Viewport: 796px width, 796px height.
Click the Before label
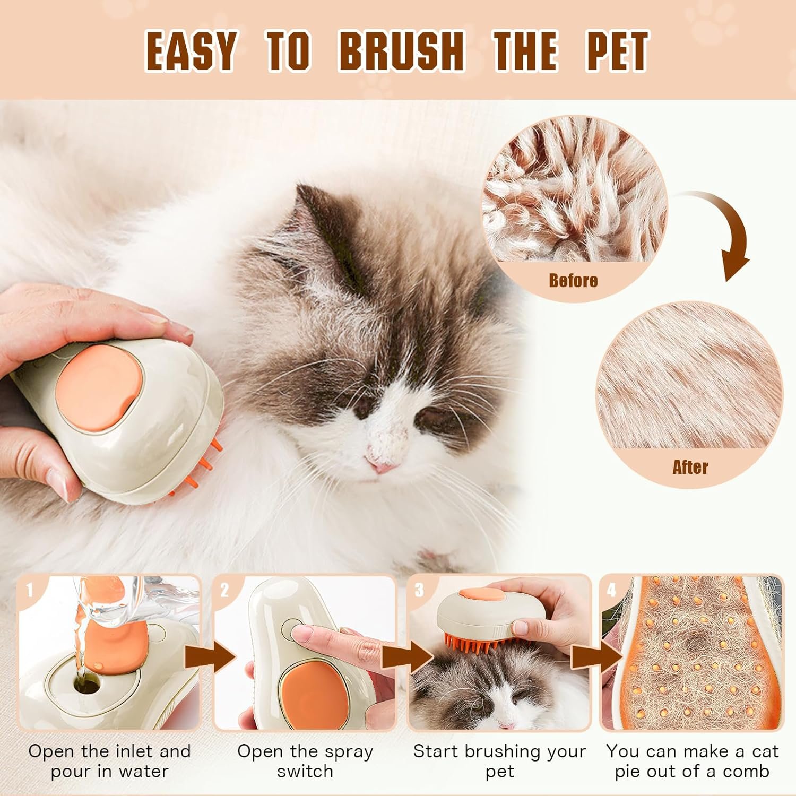point(573,280)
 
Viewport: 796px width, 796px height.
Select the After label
point(690,467)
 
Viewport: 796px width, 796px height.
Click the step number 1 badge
point(30,590)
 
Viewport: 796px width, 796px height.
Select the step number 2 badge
point(224,590)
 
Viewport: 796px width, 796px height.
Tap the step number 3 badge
point(419,590)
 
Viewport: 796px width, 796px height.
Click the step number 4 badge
point(611,590)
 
